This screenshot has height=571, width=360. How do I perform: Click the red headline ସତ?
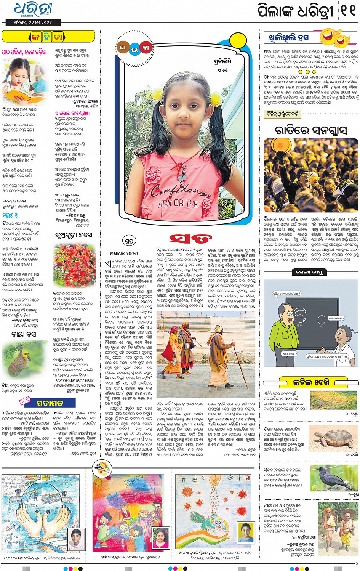pos(190,239)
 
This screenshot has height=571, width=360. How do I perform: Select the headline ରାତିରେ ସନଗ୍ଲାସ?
pos(310,130)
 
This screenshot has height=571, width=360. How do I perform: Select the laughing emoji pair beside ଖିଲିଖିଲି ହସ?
pos(335,37)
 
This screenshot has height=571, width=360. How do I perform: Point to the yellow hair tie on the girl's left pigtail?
pos(216,99)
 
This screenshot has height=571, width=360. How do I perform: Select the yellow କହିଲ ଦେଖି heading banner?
pos(311,382)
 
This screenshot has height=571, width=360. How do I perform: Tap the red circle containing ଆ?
pos(122,48)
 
